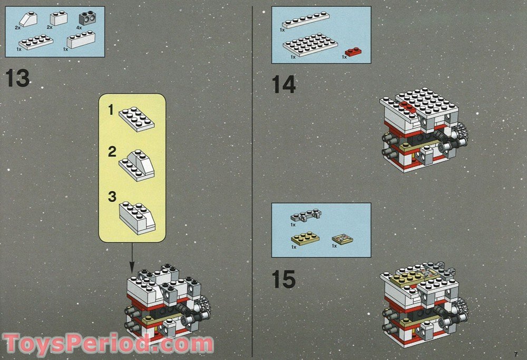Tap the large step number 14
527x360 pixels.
(284, 84)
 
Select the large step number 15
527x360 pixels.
(284, 279)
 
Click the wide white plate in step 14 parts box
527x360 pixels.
(310, 44)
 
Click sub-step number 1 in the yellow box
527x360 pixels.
(111, 110)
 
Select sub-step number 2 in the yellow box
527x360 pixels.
(112, 153)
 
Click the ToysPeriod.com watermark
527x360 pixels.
(108, 344)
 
